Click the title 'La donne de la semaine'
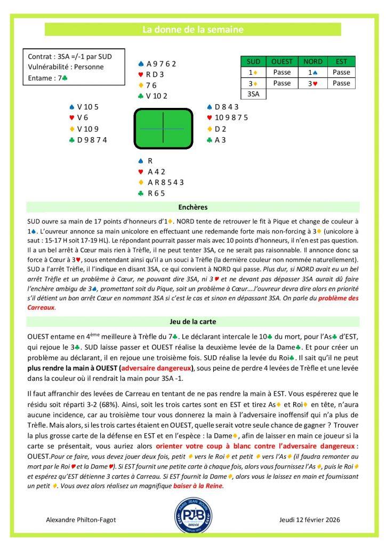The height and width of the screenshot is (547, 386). (x=193, y=30)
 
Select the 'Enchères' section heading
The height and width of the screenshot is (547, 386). (x=193, y=207)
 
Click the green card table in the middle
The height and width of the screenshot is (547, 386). (x=163, y=129)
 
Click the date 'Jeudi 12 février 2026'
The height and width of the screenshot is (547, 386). (x=309, y=519)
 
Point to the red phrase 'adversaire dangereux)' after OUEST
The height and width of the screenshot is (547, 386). (x=157, y=369)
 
